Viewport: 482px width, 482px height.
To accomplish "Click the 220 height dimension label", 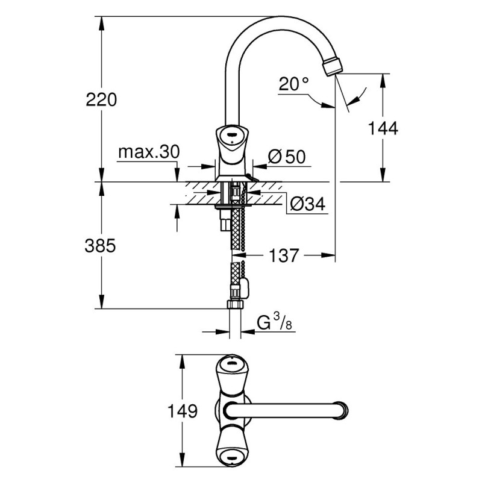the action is pos(101,99).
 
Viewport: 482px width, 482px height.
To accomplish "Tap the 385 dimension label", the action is pos(100,246).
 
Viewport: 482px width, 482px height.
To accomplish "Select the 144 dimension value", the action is pos(383,128).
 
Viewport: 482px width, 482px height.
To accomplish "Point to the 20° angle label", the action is pos(293,84).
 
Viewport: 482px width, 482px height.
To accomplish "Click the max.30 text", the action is pos(149,152).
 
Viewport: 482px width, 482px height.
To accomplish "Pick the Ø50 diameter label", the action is pos(287,157).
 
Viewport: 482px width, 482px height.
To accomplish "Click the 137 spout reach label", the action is pos(284,255).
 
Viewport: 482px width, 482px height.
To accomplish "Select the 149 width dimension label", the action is pos(183,411).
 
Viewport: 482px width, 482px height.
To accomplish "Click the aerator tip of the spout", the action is pos(331,66).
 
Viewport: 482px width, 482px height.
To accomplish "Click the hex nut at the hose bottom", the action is pos(236,304).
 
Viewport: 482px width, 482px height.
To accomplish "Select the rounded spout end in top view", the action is pos(342,411).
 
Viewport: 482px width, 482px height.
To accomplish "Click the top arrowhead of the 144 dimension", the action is pos(383,81).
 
